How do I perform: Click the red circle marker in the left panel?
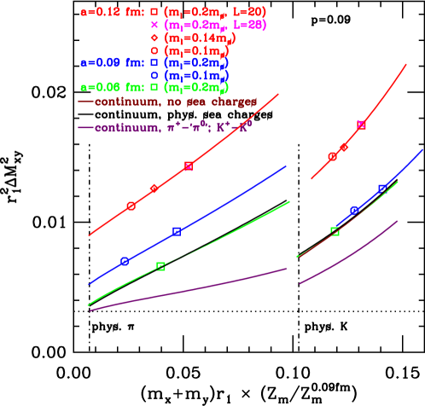(131, 206)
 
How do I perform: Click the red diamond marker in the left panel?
(154, 188)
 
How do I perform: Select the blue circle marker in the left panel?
(125, 261)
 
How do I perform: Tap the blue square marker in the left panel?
(176, 231)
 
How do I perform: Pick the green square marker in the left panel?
(160, 267)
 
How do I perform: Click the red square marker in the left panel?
(188, 166)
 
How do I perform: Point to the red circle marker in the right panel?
(333, 156)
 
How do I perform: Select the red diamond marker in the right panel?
(344, 148)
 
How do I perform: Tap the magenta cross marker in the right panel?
(361, 125)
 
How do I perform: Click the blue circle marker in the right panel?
(353, 210)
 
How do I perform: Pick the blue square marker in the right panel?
(382, 188)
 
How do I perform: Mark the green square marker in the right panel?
(335, 231)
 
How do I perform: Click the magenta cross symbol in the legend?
(154, 26)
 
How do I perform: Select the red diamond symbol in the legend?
(154, 38)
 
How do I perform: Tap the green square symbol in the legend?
(154, 87)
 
